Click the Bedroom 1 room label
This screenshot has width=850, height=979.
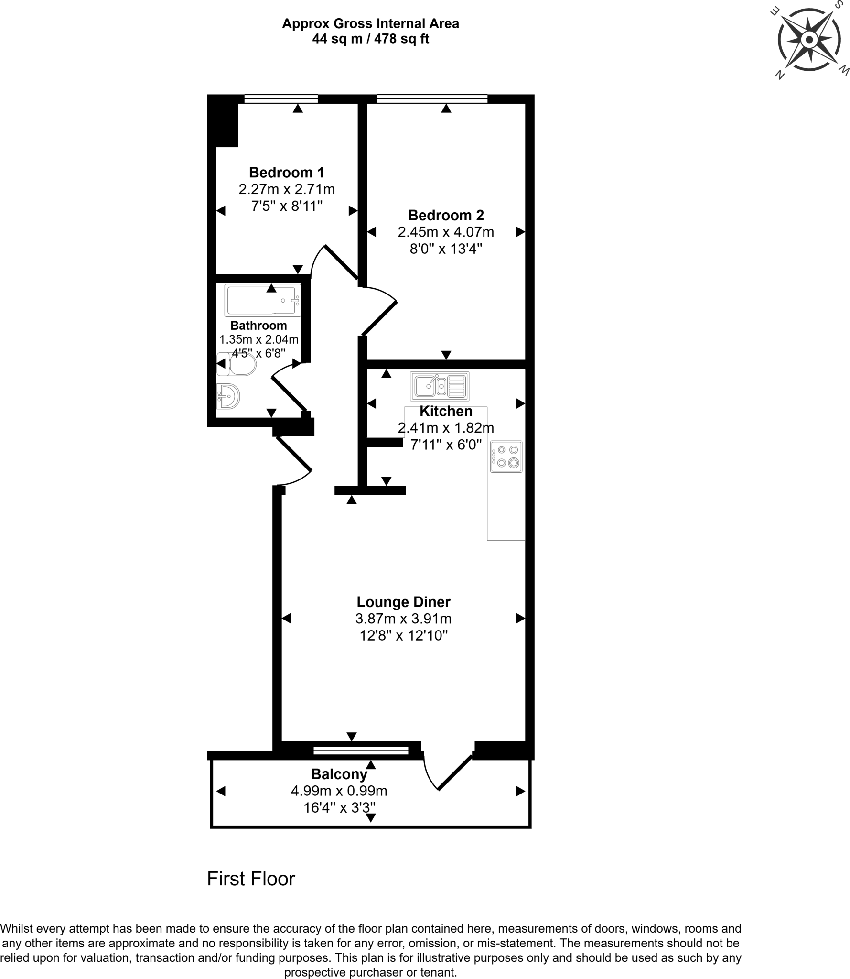[286, 172]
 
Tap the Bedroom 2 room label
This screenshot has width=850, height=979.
[445, 215]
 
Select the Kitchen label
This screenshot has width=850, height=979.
[445, 411]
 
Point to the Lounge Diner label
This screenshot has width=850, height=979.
[403, 602]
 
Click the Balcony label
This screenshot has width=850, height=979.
[339, 774]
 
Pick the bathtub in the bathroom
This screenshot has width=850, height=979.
[262, 300]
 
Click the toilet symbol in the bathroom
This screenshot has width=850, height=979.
[237, 364]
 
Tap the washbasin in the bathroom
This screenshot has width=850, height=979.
[229, 396]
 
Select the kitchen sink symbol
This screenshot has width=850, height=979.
[439, 386]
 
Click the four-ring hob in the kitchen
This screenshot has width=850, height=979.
[506, 457]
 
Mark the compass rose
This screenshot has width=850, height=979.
[808, 40]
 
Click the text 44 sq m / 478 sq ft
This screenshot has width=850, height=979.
[370, 39]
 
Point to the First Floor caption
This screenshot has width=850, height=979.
[251, 879]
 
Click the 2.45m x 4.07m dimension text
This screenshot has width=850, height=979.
[445, 232]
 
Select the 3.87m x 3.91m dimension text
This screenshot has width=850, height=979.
[403, 619]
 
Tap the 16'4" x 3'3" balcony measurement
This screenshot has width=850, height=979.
[339, 808]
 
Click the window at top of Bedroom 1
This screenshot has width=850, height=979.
[280, 99]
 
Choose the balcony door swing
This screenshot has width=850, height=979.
[447, 770]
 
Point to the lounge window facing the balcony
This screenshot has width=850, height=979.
[361, 751]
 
